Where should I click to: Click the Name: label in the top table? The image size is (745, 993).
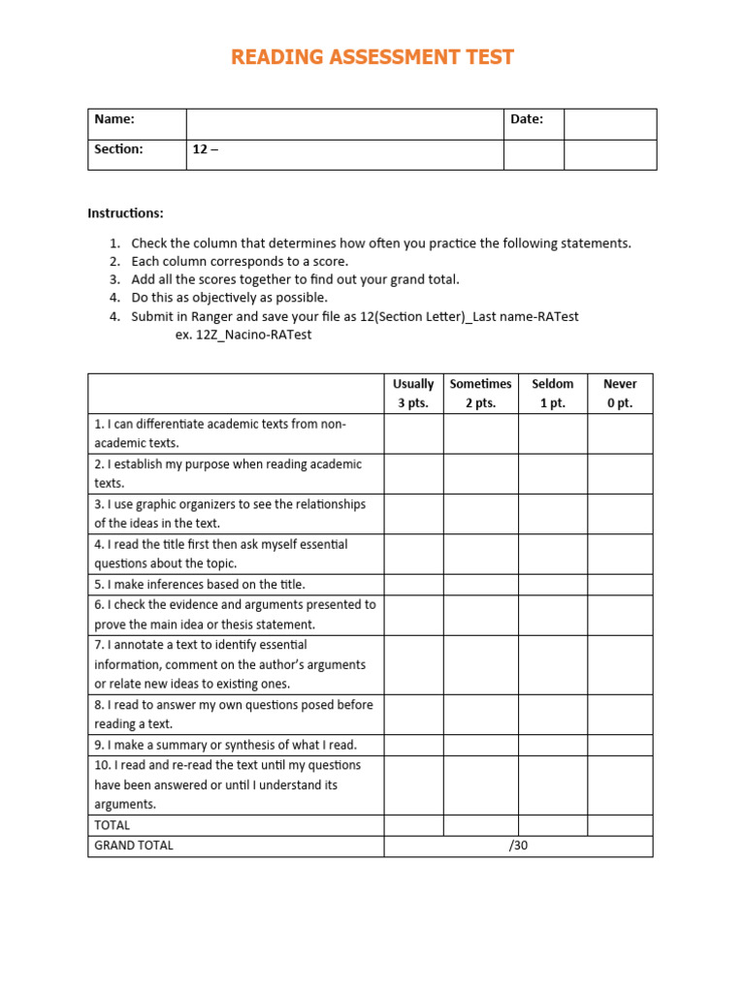(113, 119)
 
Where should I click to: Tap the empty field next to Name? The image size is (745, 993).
(343, 123)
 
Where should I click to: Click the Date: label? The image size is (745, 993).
(527, 119)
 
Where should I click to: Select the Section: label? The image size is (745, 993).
(118, 149)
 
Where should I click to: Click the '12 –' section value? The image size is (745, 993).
(205, 149)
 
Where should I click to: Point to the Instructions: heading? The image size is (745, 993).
(125, 212)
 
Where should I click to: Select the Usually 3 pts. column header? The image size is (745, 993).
(413, 394)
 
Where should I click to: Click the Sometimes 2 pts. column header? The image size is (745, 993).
(480, 394)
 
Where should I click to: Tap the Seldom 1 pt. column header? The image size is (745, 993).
(552, 394)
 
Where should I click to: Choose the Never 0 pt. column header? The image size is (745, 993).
(619, 394)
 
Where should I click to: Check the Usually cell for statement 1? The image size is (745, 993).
(413, 434)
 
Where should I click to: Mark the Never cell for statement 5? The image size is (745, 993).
(619, 585)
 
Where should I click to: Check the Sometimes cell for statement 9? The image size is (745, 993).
(480, 745)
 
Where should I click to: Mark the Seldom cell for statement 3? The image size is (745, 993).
(552, 514)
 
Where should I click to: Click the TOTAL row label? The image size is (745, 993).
(112, 825)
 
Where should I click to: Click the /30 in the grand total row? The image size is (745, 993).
(518, 846)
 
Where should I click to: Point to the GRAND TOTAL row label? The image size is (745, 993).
(134, 846)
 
